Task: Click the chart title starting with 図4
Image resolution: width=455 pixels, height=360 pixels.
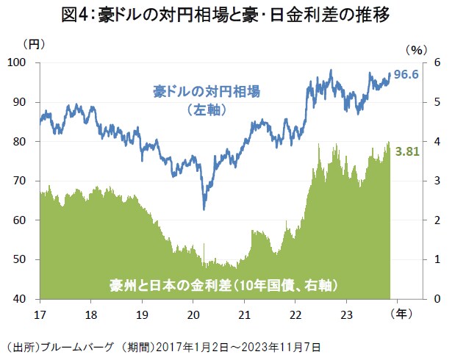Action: click(x=227, y=14)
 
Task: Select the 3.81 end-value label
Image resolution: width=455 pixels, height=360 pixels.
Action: click(x=407, y=151)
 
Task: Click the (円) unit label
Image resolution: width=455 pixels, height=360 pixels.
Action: click(x=35, y=44)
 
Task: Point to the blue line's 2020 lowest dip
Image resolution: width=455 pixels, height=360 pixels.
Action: click(x=204, y=209)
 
